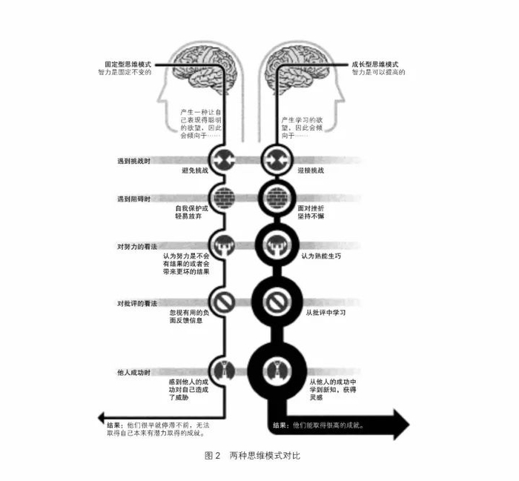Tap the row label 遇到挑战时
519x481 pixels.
point(133,161)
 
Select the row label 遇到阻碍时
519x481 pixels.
point(133,199)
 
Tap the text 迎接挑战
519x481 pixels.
point(314,170)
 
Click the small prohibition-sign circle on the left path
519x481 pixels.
point(222,302)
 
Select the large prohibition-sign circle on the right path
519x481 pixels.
point(275,302)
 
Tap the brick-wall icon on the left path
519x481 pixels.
point(222,199)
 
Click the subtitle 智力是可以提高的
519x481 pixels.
point(378,73)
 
